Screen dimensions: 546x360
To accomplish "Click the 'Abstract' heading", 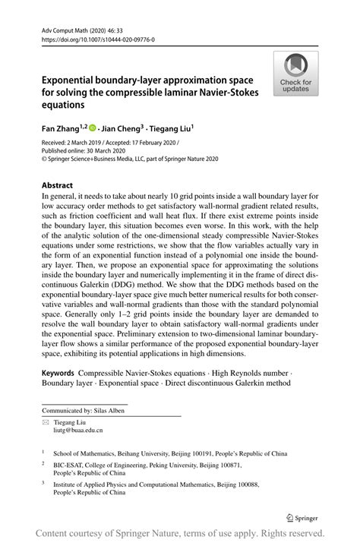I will pyautogui.click(x=58, y=185).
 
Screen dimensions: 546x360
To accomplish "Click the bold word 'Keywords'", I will pyautogui.click(x=58, y=374).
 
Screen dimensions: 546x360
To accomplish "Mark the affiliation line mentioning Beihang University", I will pyautogui.click(x=163, y=453).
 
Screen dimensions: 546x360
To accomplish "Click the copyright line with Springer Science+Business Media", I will pyautogui.click(x=130, y=159).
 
